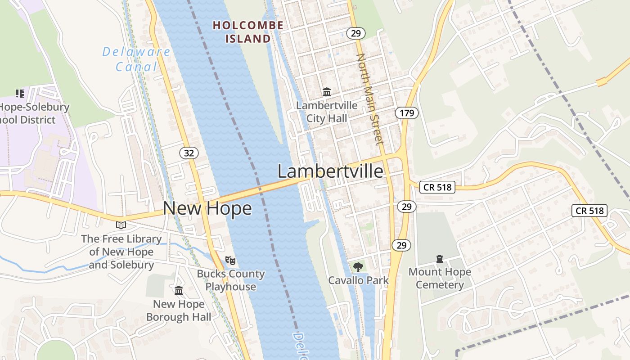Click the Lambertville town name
[330, 171]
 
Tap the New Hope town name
[207, 208]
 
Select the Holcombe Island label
[248, 32]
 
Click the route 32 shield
[189, 153]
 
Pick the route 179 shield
[407, 112]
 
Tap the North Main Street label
[370, 99]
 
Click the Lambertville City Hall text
[327, 112]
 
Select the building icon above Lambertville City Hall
[327, 92]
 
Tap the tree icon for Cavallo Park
[358, 267]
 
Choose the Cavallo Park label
[358, 280]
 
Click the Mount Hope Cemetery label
[440, 278]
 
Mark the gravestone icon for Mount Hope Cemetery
[440, 259]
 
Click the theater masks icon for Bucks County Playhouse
[230, 260]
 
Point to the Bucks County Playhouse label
[230, 280]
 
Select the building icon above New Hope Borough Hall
[179, 290]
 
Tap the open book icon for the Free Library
[121, 225]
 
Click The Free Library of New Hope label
[121, 252]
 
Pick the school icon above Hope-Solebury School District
[20, 94]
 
